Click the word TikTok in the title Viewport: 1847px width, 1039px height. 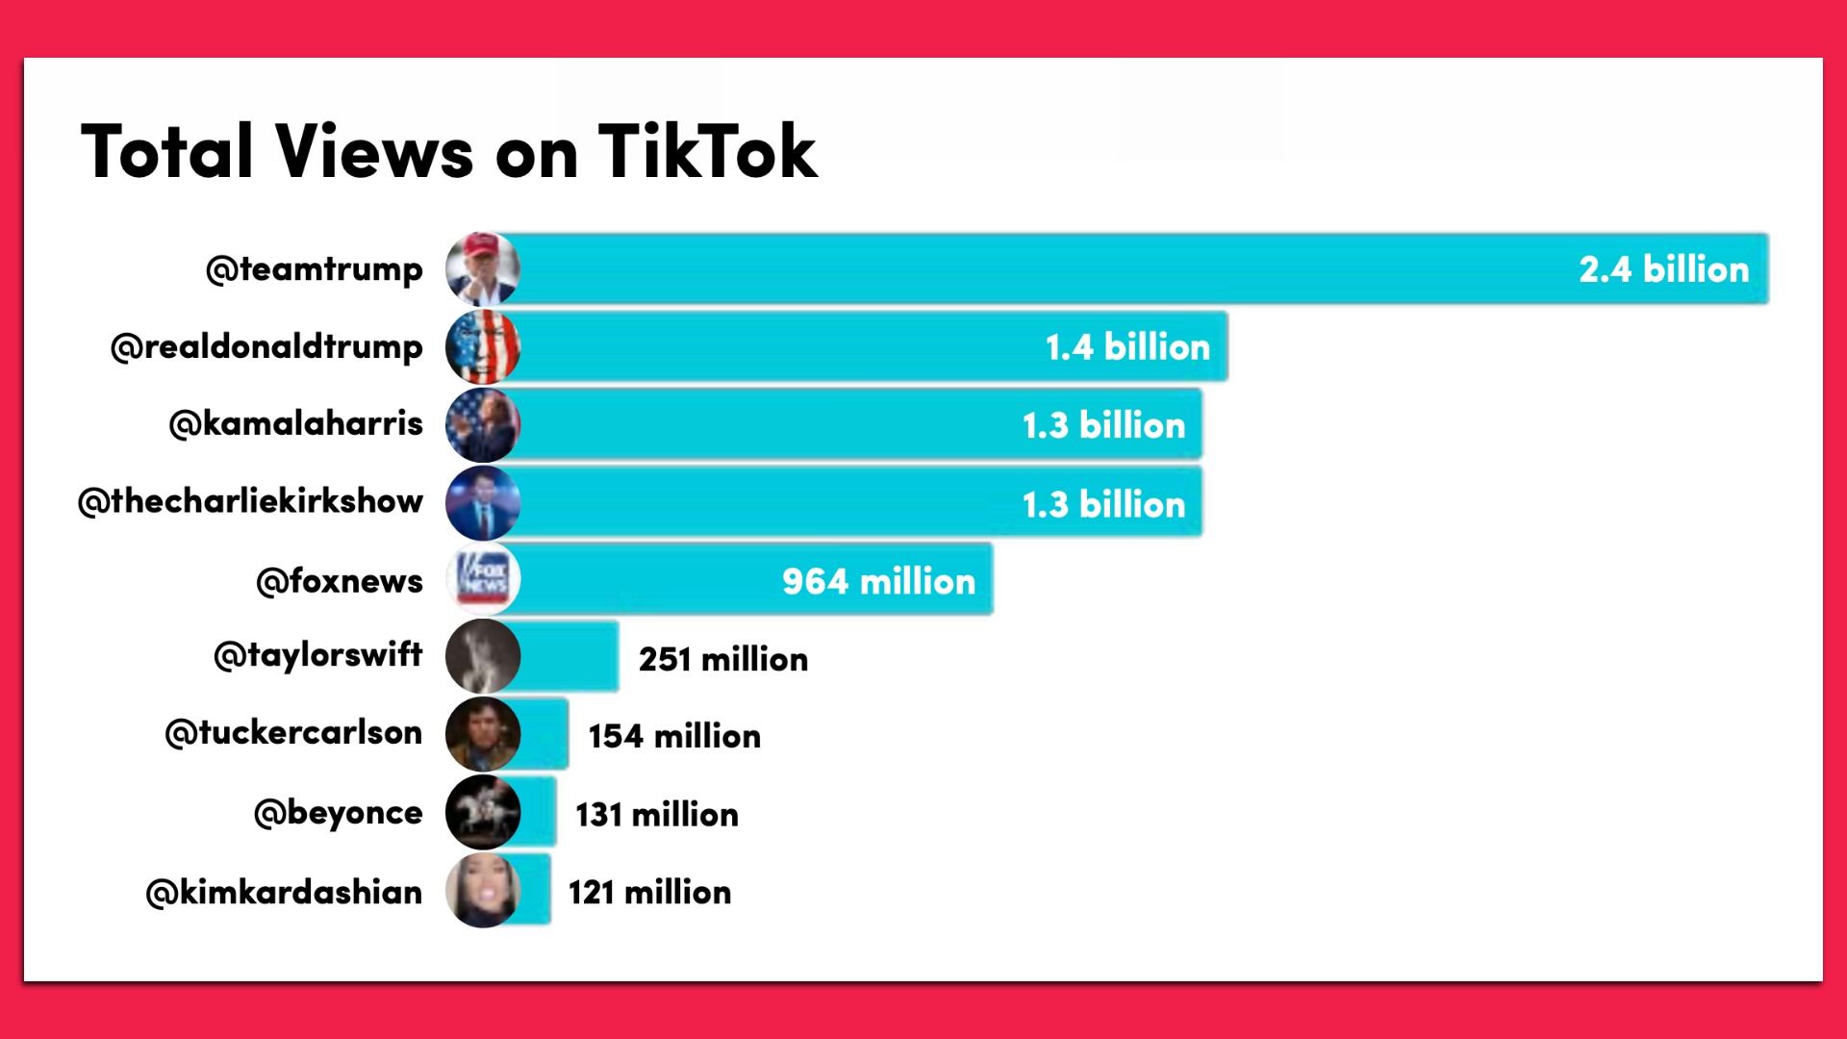[x=707, y=152]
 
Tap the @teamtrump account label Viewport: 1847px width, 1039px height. [x=315, y=269]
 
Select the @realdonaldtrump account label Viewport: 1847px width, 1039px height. [x=266, y=347]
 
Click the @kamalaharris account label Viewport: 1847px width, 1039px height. [x=295, y=424]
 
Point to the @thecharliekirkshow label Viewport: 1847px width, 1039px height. [x=250, y=502]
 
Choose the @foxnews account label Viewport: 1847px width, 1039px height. [x=340, y=581]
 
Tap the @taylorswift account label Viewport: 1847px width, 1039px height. [x=318, y=656]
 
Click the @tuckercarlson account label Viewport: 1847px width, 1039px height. [x=293, y=734]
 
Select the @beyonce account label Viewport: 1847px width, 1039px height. [x=338, y=814]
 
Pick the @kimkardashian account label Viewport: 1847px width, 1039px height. [x=284, y=893]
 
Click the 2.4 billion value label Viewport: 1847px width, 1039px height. [x=1663, y=269]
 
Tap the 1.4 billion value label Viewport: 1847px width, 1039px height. [x=1127, y=347]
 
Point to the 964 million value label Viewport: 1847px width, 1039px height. [x=878, y=581]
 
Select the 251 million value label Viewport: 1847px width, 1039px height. [x=723, y=659]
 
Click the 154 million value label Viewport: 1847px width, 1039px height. [x=674, y=737]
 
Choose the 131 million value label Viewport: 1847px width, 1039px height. [x=657, y=815]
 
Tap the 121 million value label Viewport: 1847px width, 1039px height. [x=649, y=893]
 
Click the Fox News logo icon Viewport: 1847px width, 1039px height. [x=483, y=580]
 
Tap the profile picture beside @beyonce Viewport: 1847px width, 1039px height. [x=483, y=813]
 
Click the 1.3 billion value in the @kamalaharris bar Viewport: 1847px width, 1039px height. [x=1103, y=425]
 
